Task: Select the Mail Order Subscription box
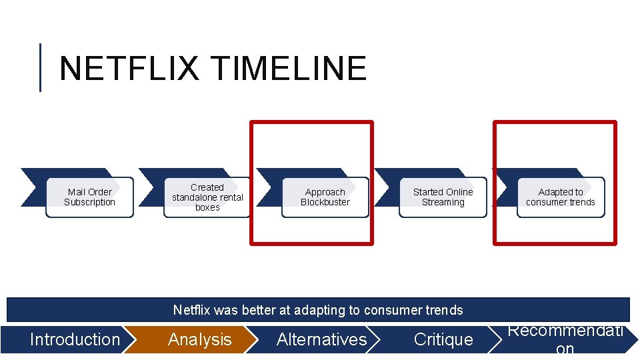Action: point(89,197)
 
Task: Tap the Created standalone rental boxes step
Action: point(207,197)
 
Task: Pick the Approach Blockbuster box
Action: point(325,197)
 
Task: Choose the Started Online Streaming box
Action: point(443,197)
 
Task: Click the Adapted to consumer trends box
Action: point(561,197)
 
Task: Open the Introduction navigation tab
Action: point(75,339)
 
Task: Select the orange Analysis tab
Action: point(199,339)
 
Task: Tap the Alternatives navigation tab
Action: point(321,339)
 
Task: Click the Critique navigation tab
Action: point(443,339)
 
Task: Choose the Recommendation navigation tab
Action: point(565,339)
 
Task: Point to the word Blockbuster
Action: point(325,203)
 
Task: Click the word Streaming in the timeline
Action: point(443,203)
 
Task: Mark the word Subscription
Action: point(89,203)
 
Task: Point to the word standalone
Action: point(198,197)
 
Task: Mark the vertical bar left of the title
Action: point(40,67)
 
